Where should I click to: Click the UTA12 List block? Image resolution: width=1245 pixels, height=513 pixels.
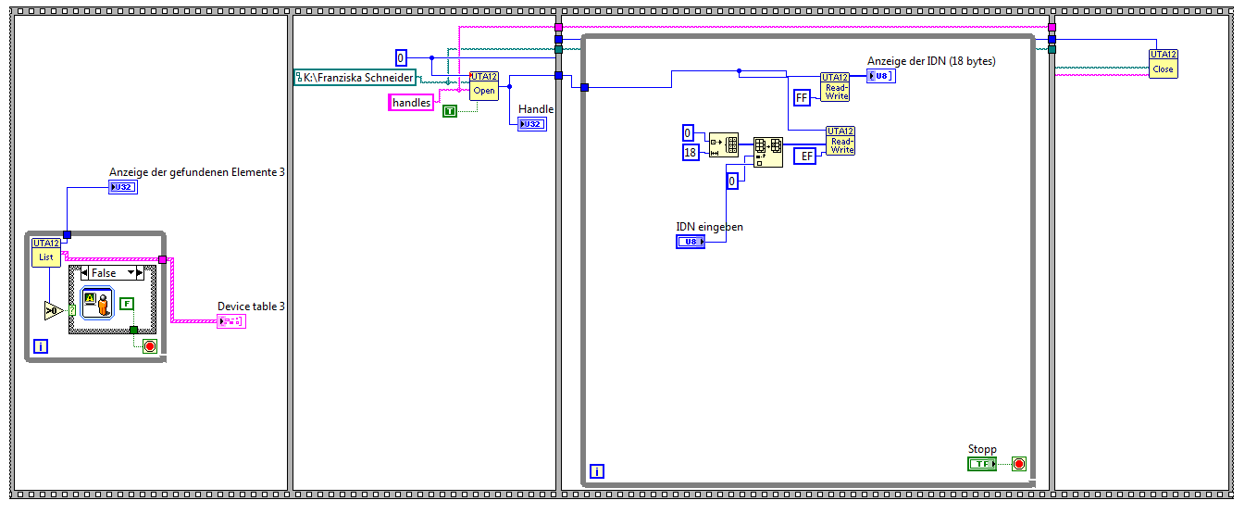(x=45, y=252)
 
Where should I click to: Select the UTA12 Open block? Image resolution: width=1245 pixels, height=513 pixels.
(x=484, y=86)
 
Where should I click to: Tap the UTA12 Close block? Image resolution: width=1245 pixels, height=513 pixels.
(x=1163, y=63)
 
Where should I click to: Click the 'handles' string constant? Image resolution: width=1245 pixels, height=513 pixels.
(x=411, y=103)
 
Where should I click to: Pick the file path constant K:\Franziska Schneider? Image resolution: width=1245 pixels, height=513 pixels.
(x=355, y=78)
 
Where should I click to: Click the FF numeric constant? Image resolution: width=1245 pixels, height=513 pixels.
(x=803, y=96)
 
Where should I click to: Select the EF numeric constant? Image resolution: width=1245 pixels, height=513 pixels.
(x=807, y=156)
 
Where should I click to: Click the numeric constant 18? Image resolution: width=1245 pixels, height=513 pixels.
(x=690, y=152)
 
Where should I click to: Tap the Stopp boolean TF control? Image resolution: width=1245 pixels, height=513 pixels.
(x=981, y=463)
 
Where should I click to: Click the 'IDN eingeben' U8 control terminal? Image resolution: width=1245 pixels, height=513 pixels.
(x=691, y=242)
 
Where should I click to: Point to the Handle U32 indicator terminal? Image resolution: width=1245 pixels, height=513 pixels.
(x=532, y=123)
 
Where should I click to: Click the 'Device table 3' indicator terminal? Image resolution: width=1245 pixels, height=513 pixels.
(x=230, y=321)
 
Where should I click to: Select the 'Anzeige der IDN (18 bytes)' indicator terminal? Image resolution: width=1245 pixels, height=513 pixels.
(x=881, y=76)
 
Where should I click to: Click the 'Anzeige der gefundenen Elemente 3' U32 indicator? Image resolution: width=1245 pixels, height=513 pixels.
(x=123, y=187)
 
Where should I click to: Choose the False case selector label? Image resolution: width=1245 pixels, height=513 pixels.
(x=104, y=273)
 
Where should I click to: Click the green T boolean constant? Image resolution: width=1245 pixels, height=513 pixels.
(x=450, y=111)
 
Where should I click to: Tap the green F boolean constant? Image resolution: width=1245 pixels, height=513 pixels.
(x=127, y=303)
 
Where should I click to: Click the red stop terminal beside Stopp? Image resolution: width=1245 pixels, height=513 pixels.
(x=1018, y=463)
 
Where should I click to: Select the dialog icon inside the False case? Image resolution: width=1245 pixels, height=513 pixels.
(x=96, y=303)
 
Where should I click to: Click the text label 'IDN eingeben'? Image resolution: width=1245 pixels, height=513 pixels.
(x=709, y=226)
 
